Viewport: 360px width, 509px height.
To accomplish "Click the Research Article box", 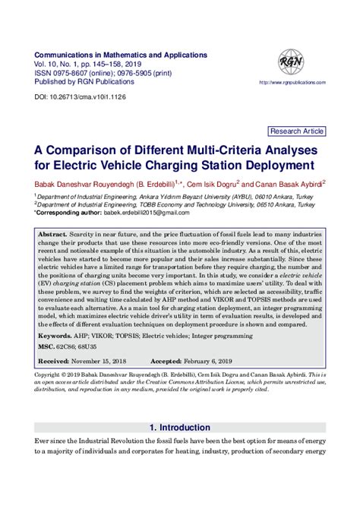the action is click(x=297, y=131).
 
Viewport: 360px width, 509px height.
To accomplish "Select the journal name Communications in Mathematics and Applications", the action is click(x=121, y=55).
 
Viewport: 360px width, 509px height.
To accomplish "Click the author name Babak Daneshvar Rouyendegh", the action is click(x=87, y=183).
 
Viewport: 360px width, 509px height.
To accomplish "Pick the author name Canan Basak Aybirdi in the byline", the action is click(x=286, y=183).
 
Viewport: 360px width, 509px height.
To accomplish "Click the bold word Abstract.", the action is click(x=52, y=236).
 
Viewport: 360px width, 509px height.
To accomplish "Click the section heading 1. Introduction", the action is click(x=180, y=427).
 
